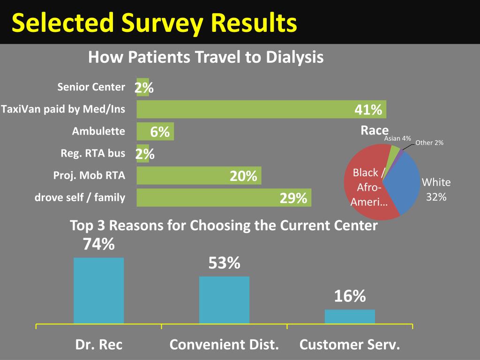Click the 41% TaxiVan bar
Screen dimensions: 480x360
point(262,109)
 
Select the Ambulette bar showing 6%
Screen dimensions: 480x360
point(155,131)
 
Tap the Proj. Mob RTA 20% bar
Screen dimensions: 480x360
point(199,175)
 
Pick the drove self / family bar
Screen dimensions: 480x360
point(224,197)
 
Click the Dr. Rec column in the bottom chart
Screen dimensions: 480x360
point(99,291)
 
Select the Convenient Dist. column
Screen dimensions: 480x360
point(225,300)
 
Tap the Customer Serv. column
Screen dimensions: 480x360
point(350,316)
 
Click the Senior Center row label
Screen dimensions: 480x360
point(91,87)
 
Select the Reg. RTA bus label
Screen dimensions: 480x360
point(93,153)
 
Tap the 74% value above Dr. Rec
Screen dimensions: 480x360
point(99,244)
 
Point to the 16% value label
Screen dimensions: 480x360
point(350,296)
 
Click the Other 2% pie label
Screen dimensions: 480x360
point(429,142)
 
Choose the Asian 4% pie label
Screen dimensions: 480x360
point(397,138)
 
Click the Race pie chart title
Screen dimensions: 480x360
point(375,130)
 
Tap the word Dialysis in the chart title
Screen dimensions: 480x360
point(294,57)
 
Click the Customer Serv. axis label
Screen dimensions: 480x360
point(350,345)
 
